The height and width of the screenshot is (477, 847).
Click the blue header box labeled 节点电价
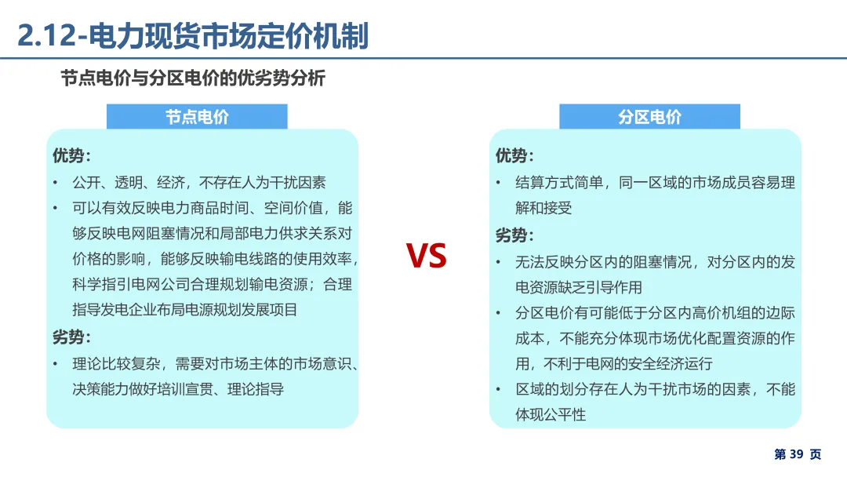tap(197, 117)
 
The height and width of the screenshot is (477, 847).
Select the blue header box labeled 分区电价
tap(649, 117)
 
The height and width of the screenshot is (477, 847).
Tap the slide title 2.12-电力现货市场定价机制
tap(193, 37)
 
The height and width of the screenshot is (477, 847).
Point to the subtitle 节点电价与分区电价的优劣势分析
tap(193, 78)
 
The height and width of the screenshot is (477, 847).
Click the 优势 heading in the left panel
tap(71, 155)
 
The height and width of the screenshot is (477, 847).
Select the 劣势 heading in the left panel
tap(71, 337)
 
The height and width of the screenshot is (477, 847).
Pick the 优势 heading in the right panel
tap(514, 155)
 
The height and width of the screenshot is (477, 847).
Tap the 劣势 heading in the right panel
tap(514, 235)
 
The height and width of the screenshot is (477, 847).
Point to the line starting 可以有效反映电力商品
tap(212, 209)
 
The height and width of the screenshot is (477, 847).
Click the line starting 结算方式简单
tap(655, 183)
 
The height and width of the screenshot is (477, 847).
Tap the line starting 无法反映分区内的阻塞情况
tap(655, 262)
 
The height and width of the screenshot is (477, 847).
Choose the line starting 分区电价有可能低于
tap(655, 313)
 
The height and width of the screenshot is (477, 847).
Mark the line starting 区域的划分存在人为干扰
tap(655, 389)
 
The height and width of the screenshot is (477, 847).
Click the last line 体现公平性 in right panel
tap(551, 415)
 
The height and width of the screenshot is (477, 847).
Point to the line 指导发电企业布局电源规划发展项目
tap(185, 310)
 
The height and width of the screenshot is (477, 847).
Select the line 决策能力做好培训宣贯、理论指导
tap(178, 389)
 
